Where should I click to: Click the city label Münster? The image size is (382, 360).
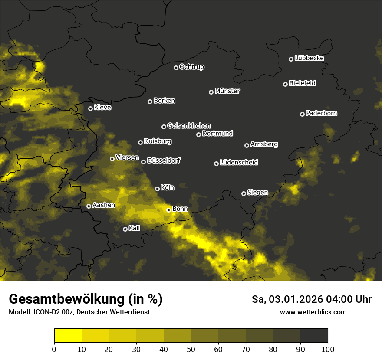[227, 91]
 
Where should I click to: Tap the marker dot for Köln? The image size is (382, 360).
[157, 189]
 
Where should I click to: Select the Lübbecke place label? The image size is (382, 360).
[309, 58]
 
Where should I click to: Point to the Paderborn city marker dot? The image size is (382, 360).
[302, 114]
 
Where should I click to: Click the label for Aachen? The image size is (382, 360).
[104, 205]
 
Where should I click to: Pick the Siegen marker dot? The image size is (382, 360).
[244, 193]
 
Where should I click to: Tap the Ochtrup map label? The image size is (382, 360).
[192, 67]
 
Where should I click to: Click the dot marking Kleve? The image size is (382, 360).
[90, 108]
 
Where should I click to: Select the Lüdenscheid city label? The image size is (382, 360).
[239, 163]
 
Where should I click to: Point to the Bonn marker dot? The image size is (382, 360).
[168, 210]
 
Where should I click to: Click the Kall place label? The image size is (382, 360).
[135, 228]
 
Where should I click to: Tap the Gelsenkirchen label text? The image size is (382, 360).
[189, 126]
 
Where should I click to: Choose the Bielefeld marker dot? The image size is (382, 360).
[285, 84]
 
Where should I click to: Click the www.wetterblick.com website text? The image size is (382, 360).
[313, 312]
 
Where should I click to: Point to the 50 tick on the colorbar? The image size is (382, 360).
[191, 349]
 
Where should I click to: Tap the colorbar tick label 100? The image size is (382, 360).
[327, 349]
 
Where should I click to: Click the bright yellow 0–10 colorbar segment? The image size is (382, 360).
[68, 335]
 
